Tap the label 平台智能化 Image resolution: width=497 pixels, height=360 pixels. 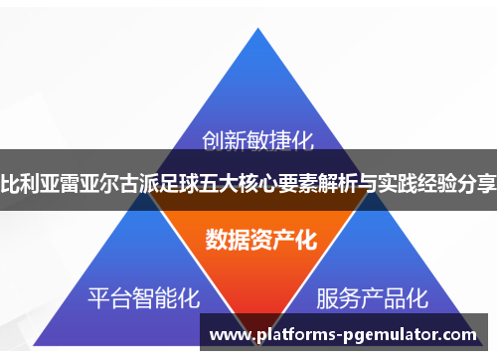144,296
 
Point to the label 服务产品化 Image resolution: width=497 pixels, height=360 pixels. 372,296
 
